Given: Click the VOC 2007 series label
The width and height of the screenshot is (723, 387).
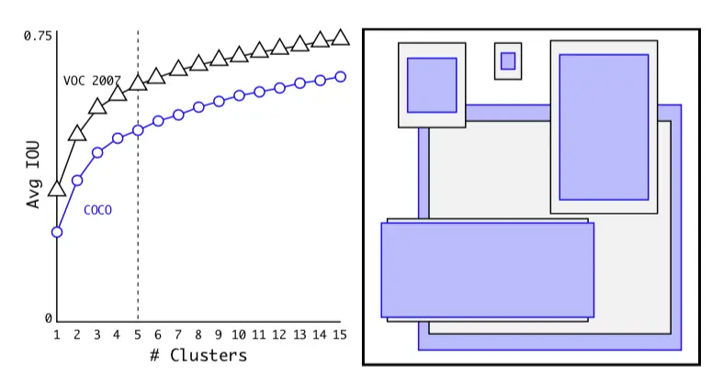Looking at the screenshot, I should (x=93, y=81).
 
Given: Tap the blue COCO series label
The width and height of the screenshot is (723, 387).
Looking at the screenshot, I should (x=97, y=210).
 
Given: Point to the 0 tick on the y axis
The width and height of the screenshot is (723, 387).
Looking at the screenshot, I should (x=49, y=318).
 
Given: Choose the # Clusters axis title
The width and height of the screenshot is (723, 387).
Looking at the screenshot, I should (x=198, y=355).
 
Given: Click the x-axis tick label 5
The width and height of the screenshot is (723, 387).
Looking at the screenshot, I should (x=138, y=335).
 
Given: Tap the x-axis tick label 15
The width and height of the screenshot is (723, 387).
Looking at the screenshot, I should (x=340, y=335).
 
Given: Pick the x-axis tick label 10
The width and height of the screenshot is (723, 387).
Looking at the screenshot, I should (x=239, y=335).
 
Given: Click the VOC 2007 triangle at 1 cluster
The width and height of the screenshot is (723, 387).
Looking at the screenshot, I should (x=57, y=189).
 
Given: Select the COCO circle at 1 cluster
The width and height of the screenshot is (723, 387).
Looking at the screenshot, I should (x=57, y=232).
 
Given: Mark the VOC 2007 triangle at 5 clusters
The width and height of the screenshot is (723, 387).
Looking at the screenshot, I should (x=138, y=83).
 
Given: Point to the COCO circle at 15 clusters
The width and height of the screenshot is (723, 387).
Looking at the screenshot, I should (x=340, y=76).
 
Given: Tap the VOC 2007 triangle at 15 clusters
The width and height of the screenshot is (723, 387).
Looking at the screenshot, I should (x=340, y=38).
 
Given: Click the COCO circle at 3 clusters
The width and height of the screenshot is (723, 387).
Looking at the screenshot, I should (x=97, y=152).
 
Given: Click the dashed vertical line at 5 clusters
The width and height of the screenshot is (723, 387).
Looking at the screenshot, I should (x=138, y=229).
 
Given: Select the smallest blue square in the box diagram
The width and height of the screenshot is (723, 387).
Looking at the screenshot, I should (x=508, y=61).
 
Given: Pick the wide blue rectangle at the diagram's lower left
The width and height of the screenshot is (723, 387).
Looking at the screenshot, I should (x=487, y=270).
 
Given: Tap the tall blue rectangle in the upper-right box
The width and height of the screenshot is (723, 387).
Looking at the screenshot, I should (x=604, y=127).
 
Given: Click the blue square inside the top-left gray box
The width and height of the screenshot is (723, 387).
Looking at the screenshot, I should (x=432, y=85).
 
